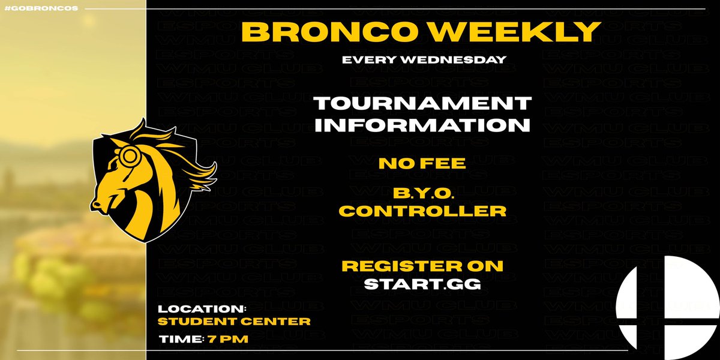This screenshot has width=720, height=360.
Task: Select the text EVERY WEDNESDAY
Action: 423,60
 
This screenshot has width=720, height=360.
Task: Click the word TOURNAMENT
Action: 423,103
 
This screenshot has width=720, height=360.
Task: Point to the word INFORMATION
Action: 423,125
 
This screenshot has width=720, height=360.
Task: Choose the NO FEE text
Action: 422,163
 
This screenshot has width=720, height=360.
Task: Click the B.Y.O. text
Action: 423,194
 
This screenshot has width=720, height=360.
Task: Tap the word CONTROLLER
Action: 423,211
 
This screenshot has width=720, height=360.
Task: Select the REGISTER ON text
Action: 422,266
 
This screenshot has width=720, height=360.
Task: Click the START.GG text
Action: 423,283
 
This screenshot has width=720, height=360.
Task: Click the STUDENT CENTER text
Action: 234,322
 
